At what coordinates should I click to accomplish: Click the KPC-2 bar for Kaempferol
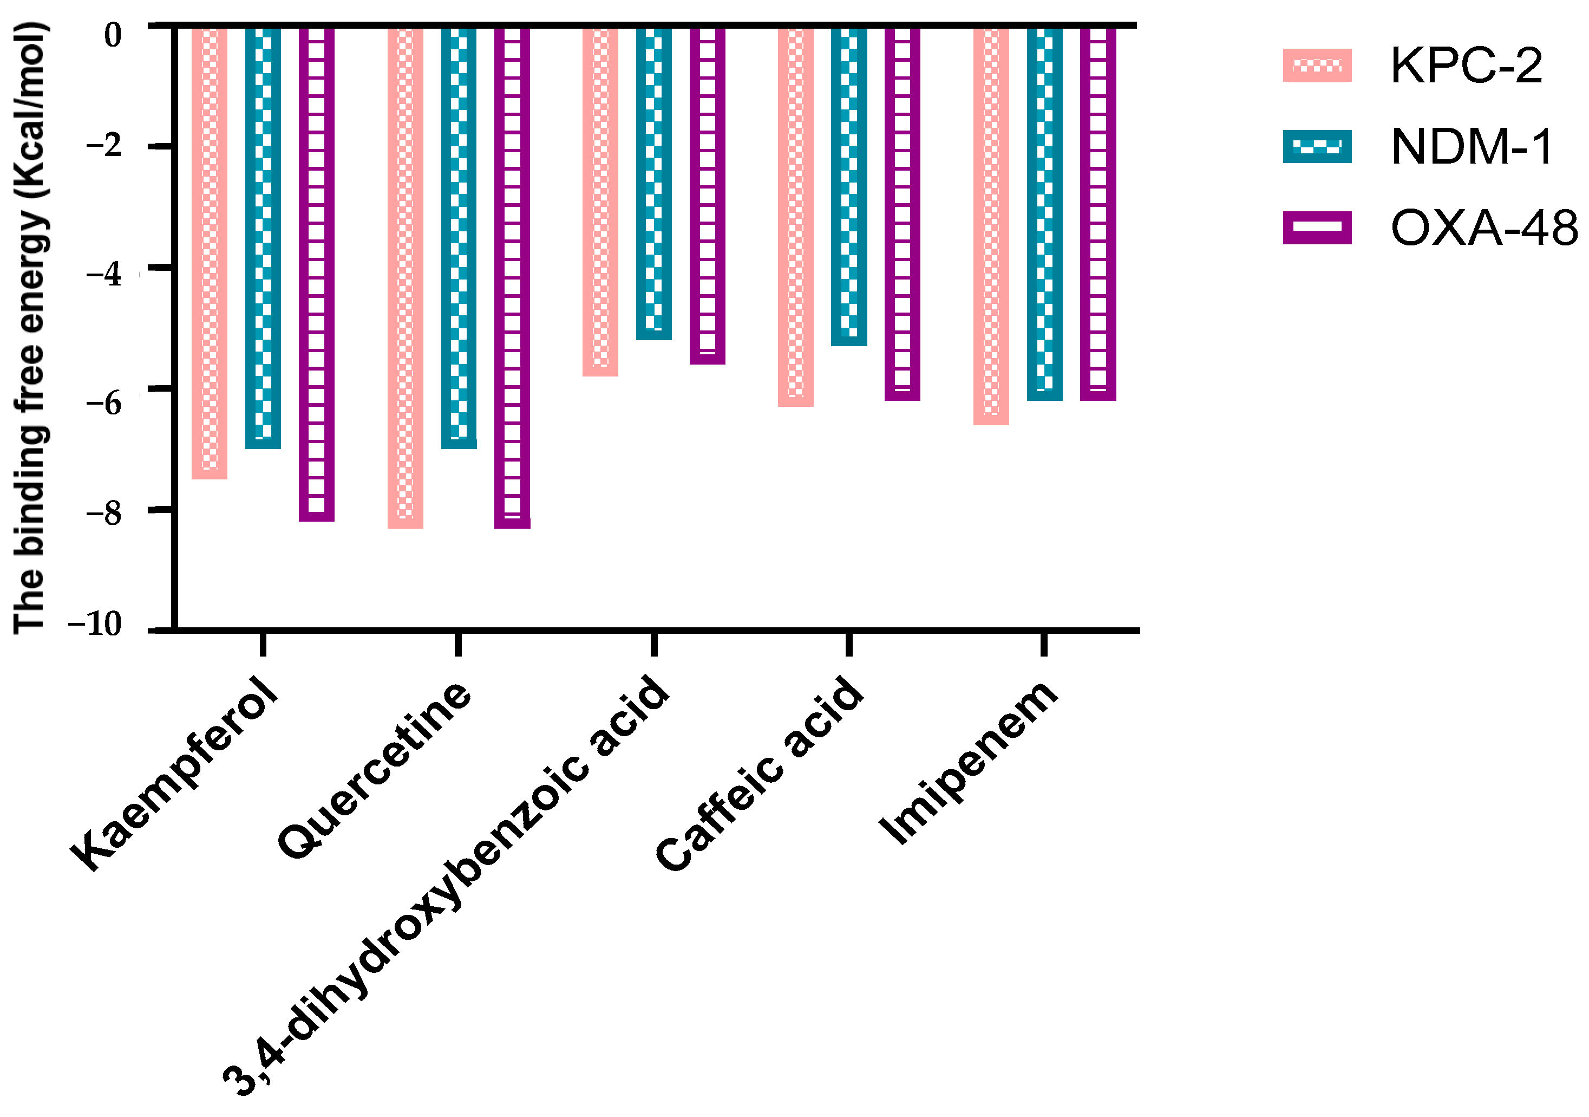tap(209, 253)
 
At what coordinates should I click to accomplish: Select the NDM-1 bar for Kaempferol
tap(263, 237)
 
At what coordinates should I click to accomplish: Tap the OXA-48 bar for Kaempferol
tap(317, 274)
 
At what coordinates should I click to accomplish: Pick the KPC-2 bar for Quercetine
tap(405, 277)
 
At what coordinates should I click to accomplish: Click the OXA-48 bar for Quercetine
tap(512, 277)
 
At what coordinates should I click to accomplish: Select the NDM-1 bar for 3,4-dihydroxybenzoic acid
tap(654, 184)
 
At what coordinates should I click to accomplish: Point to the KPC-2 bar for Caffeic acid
tap(795, 216)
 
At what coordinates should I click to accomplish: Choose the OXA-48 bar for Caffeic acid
tap(903, 213)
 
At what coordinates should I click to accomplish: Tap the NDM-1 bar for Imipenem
tap(1045, 213)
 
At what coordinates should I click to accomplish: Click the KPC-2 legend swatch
tap(1317, 66)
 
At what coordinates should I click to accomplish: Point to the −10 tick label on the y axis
tap(95, 625)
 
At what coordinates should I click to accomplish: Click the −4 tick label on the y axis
tap(104, 275)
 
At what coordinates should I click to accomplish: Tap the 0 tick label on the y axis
tap(112, 35)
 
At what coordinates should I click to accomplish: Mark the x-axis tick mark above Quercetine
tap(458, 644)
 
